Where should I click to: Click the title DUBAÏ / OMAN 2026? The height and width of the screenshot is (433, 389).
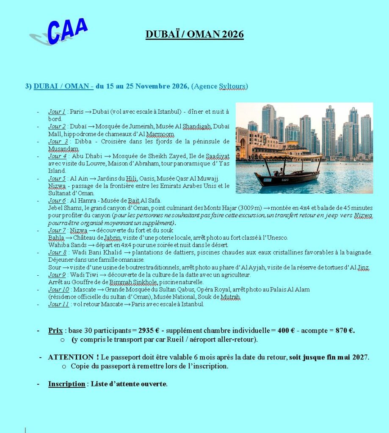tap(195, 34)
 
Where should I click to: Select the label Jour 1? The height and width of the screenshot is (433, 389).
tap(57, 112)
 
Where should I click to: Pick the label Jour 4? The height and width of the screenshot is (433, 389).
tap(57, 156)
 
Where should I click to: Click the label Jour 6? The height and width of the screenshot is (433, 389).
tap(57, 200)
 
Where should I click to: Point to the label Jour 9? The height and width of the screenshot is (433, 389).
tap(57, 275)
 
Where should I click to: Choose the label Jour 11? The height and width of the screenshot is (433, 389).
tap(58, 304)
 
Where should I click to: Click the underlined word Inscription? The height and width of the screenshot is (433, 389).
tap(66, 384)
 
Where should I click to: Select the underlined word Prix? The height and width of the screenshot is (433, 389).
tap(55, 331)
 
